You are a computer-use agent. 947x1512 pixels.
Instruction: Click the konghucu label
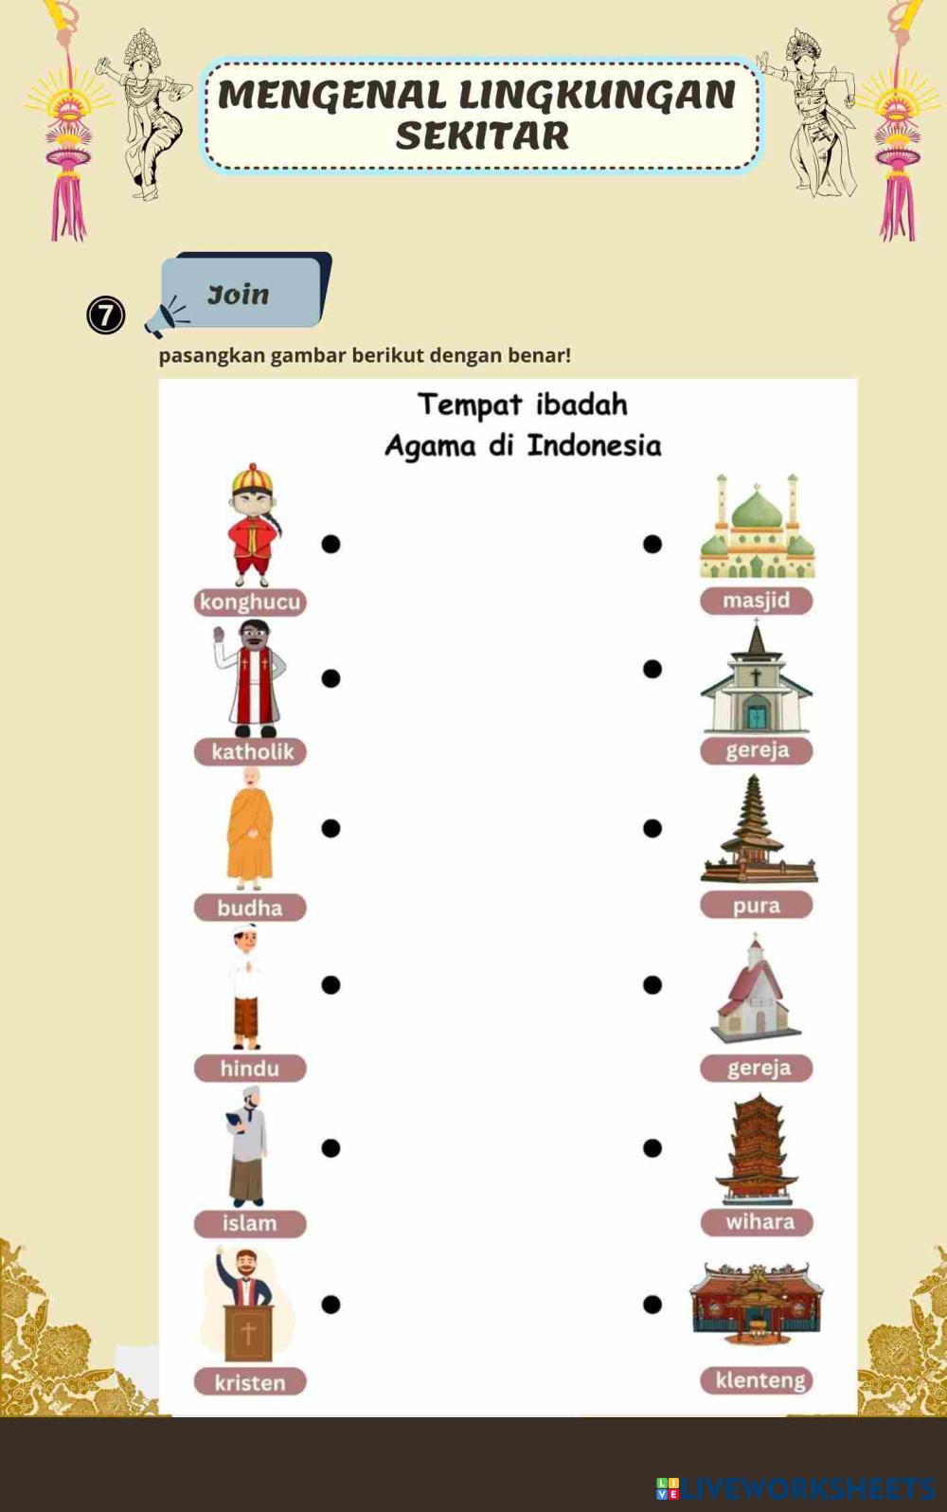pyautogui.click(x=250, y=602)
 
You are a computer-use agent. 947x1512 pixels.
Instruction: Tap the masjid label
pyautogui.click(x=756, y=600)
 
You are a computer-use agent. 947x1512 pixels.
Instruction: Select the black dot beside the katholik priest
pyautogui.click(x=331, y=678)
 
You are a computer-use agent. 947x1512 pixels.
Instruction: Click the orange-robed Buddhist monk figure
pyautogui.click(x=250, y=830)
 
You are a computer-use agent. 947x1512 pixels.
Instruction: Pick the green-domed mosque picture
pyautogui.click(x=757, y=528)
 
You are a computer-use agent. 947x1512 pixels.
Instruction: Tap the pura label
pyautogui.click(x=756, y=905)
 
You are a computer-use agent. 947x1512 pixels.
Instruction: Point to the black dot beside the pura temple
pyautogui.click(x=652, y=828)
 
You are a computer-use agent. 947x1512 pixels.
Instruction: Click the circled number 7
pyautogui.click(x=106, y=315)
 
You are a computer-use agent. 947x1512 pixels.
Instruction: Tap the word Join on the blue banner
pyautogui.click(x=239, y=295)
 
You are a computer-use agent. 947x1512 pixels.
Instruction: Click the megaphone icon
pyautogui.click(x=166, y=317)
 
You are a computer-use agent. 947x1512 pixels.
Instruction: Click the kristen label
pyautogui.click(x=250, y=1382)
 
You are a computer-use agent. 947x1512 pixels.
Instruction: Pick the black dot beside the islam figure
pyautogui.click(x=331, y=1147)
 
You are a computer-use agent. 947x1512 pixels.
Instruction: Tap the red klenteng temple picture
pyautogui.click(x=757, y=1303)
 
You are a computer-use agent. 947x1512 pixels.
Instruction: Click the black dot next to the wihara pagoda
pyautogui.click(x=652, y=1147)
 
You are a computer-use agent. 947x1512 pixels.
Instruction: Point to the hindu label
pyautogui.click(x=250, y=1068)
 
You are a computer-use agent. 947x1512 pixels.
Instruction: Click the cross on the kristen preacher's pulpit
pyautogui.click(x=248, y=1333)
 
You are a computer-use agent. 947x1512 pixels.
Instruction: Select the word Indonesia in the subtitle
pyautogui.click(x=594, y=445)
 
